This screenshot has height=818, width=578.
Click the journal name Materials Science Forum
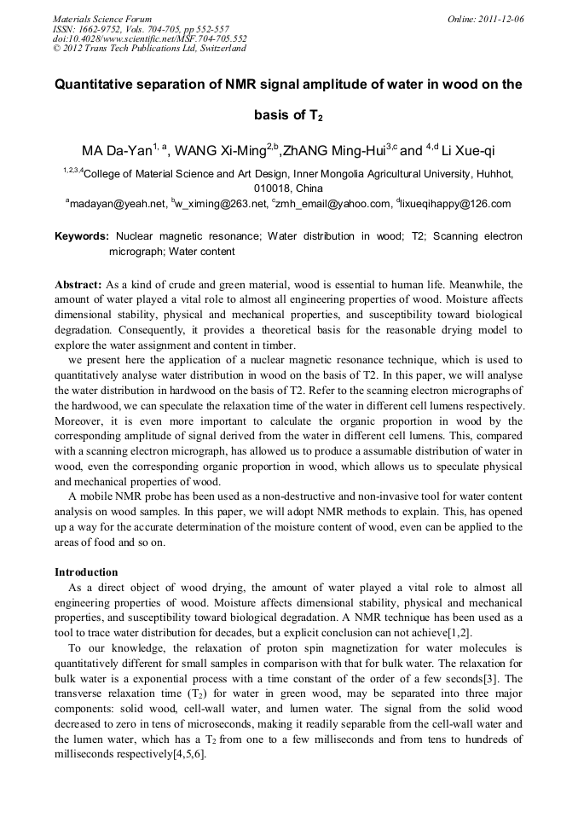102,19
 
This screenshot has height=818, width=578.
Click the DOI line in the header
150,38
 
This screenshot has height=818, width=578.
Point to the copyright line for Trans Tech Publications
149,49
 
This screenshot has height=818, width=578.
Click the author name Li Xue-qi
466,152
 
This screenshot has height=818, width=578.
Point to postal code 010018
273,189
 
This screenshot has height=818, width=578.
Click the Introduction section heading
86,571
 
